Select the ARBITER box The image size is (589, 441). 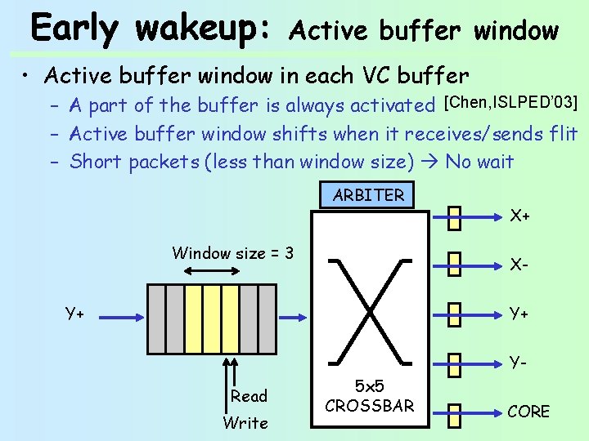coord(368,195)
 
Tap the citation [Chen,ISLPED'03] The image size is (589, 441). coord(510,103)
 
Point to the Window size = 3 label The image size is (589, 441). coord(232,253)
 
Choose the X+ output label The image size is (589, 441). coord(520,217)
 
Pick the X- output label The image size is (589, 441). coord(519,265)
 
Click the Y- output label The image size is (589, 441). coord(519,360)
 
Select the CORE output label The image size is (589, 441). coord(528,411)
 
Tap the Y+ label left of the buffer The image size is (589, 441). coord(77,312)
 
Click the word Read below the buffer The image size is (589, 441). coord(249,396)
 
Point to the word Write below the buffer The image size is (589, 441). coord(245,423)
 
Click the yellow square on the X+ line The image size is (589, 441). coord(455,217)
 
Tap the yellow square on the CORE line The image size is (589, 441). coord(455,412)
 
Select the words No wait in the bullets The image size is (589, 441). coord(479,161)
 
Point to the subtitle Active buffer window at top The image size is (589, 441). coord(424,31)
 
